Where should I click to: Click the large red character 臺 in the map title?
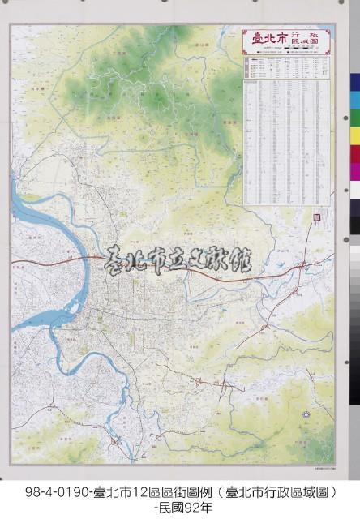tap(259, 37)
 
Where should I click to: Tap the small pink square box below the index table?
tap(317, 217)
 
